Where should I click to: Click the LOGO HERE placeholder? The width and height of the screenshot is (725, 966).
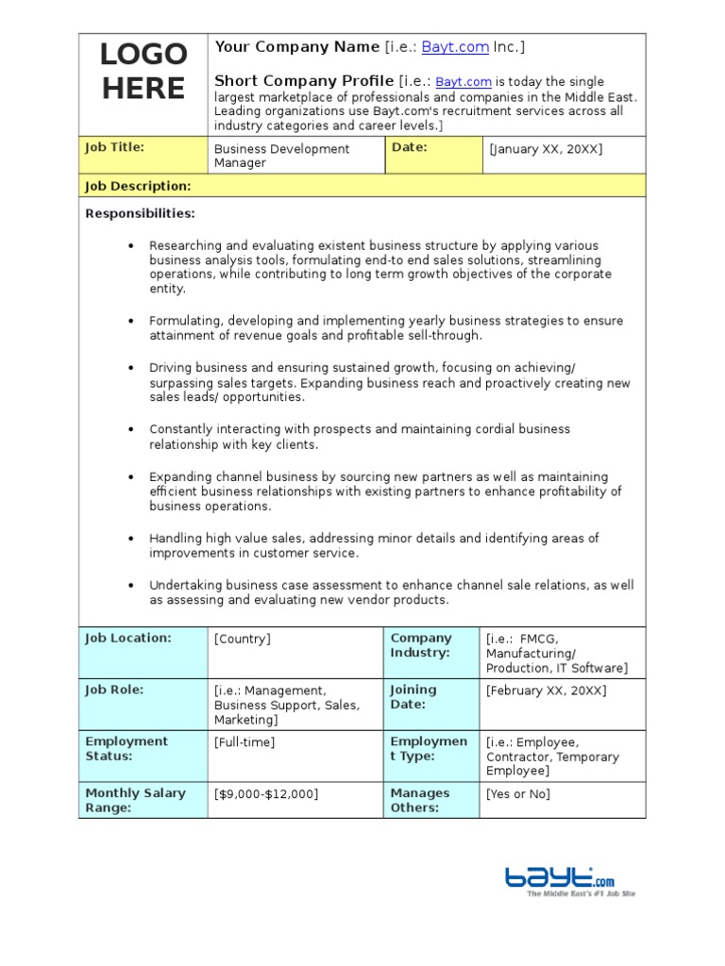(143, 72)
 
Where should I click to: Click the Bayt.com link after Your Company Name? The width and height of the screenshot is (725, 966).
(456, 47)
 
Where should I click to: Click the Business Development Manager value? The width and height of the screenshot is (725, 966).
(281, 156)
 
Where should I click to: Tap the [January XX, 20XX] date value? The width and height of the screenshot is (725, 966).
(545, 149)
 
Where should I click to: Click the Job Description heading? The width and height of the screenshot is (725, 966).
(138, 186)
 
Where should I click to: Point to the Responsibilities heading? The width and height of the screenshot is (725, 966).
(140, 213)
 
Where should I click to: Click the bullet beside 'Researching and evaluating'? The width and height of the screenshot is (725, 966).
(131, 245)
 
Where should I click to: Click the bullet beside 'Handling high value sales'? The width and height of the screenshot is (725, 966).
(131, 539)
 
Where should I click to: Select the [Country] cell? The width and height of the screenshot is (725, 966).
(243, 639)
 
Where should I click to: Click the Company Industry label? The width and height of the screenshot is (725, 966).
(421, 645)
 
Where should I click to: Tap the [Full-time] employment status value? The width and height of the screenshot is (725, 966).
(244, 742)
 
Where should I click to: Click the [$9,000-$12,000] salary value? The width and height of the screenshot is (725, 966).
(266, 794)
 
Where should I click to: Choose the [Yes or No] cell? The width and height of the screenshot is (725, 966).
(517, 794)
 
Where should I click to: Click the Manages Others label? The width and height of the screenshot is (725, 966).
(420, 800)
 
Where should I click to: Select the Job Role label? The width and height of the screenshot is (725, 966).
(113, 690)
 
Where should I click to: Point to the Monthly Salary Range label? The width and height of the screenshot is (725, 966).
(135, 800)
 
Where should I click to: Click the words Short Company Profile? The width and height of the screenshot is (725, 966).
(304, 80)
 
